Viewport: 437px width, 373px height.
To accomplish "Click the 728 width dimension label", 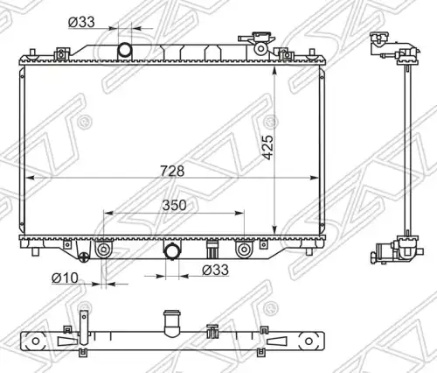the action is [172, 171].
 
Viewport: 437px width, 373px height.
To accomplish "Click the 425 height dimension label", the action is [268, 147].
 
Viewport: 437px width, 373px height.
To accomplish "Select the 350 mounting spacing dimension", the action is [174, 205].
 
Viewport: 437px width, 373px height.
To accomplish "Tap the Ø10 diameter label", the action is [65, 278].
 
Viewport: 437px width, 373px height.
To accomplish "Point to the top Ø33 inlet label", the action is [81, 22].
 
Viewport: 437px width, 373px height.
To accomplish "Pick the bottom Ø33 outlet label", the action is [216, 270].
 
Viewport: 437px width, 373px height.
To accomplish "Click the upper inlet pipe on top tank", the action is [125, 50].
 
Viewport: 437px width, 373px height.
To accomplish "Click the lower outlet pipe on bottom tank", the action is [172, 251].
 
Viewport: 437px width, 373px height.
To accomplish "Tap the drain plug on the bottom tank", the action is [84, 257].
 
